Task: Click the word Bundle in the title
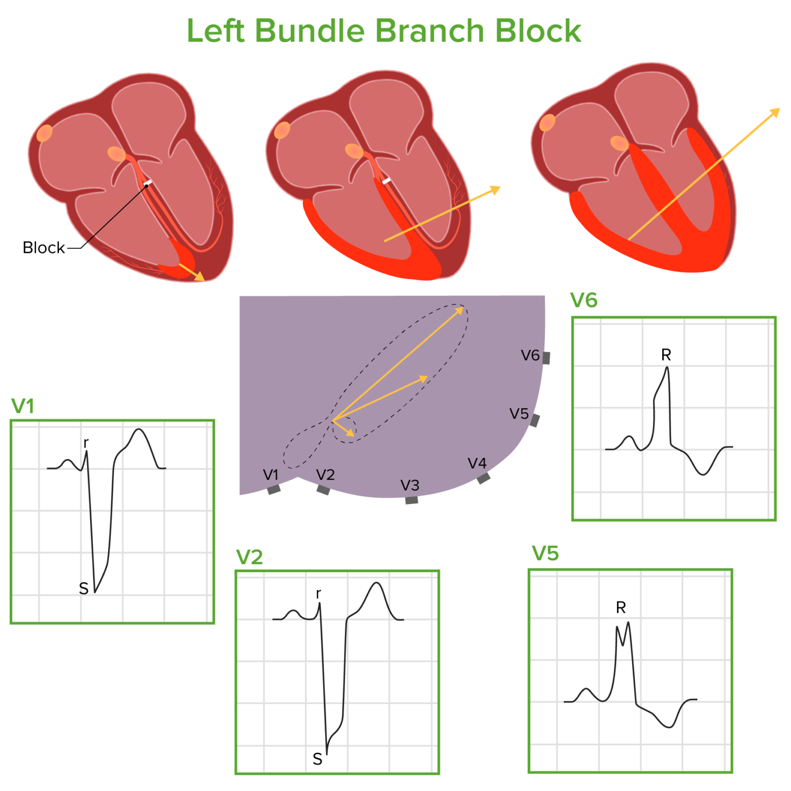pyautogui.click(x=309, y=31)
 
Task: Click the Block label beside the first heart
pyautogui.click(x=44, y=248)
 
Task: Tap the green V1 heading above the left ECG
pyautogui.click(x=23, y=406)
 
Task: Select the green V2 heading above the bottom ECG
pyautogui.click(x=249, y=557)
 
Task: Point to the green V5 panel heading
pyautogui.click(x=545, y=554)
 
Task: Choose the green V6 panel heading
pyautogui.click(x=584, y=300)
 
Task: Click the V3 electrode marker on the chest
pyautogui.click(x=411, y=500)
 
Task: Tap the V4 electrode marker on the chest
pyautogui.click(x=484, y=478)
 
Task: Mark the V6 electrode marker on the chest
pyautogui.click(x=546, y=358)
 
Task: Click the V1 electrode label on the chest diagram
pyautogui.click(x=270, y=475)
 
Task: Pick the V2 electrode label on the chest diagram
pyautogui.click(x=325, y=475)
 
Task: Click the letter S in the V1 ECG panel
pyautogui.click(x=84, y=588)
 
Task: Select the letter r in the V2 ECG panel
pyautogui.click(x=319, y=594)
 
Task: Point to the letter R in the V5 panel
pyautogui.click(x=621, y=608)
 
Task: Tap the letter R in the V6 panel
pyautogui.click(x=666, y=355)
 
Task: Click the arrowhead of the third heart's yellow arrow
pyautogui.click(x=775, y=113)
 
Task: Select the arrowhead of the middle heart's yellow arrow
pyautogui.click(x=495, y=190)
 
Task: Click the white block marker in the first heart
pyautogui.click(x=148, y=183)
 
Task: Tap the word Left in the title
pyautogui.click(x=215, y=31)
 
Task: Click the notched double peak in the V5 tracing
pyautogui.click(x=623, y=631)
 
